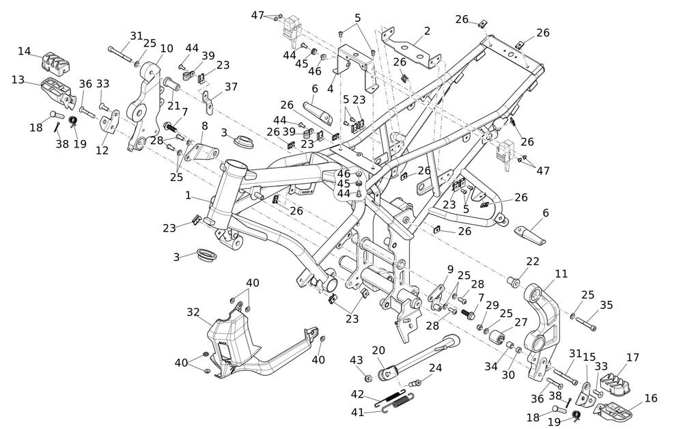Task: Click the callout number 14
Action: tap(25, 51)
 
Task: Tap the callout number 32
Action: tap(193, 312)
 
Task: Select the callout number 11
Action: tap(561, 274)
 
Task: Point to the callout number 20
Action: tap(378, 350)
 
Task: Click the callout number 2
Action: tap(427, 31)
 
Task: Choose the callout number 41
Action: tap(358, 412)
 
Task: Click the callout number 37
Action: tap(232, 87)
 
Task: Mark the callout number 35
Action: tap(606, 305)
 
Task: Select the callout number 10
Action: tap(167, 49)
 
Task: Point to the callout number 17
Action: tap(632, 357)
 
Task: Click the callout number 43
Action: tap(357, 360)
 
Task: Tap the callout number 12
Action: tap(102, 151)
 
